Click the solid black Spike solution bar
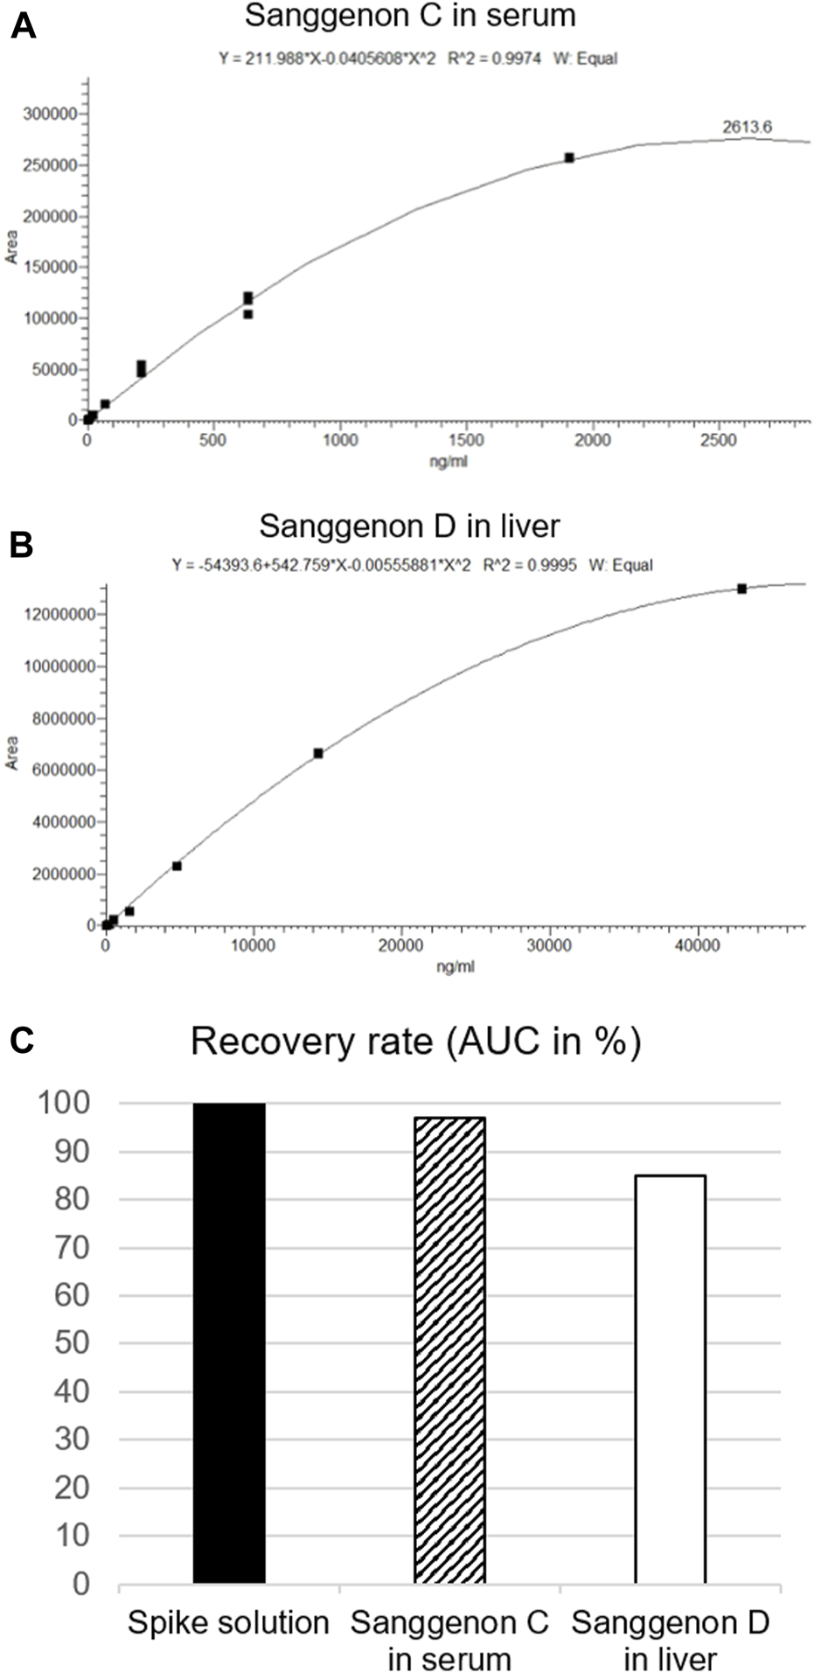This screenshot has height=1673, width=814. coord(229,1342)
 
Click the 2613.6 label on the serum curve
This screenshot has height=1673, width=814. coord(747,127)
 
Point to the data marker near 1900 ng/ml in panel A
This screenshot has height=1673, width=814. coord(569,157)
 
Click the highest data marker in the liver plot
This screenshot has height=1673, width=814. coord(741,589)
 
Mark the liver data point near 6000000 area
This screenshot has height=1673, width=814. coord(318,753)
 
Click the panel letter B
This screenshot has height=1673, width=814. coord(22,545)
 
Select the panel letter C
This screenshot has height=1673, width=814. coord(22,1041)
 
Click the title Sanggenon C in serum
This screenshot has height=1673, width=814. coord(410,15)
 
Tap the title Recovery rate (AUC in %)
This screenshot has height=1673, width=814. coord(415,1042)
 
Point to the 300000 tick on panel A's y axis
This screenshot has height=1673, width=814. coord(49,114)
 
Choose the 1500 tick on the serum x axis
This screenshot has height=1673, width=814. coord(466,440)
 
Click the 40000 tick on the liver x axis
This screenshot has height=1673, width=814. coord(697,945)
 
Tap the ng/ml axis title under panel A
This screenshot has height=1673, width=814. coord(448,461)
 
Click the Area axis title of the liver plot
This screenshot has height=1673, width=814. coord(12,752)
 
